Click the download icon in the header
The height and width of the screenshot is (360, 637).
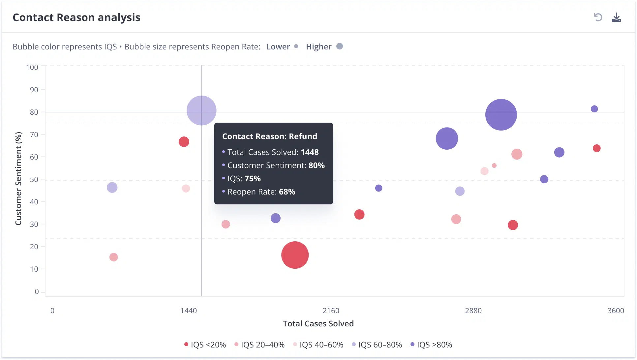point(616,17)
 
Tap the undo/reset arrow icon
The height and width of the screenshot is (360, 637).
point(598,17)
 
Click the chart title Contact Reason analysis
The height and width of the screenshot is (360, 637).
point(76,17)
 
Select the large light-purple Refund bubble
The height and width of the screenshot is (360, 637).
point(201,110)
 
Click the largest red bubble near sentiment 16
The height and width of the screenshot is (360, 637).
point(295,255)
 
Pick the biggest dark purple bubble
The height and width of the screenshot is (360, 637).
point(501,115)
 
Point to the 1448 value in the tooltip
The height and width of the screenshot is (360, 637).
point(310,152)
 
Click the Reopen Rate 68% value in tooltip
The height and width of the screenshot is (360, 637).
point(287,192)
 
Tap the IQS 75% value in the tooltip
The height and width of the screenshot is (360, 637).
point(253,179)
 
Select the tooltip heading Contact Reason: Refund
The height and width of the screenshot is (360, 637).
point(270,136)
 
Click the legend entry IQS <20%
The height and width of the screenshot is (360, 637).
point(205,345)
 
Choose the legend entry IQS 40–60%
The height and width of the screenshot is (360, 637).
point(318,345)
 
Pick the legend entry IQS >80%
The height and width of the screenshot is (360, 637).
point(431,345)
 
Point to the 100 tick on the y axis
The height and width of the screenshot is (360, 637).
point(32,68)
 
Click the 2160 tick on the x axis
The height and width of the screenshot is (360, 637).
point(331,311)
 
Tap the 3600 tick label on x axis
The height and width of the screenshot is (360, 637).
point(616,311)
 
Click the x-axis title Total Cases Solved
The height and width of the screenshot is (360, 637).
point(318,324)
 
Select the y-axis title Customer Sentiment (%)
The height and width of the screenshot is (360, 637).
point(18,179)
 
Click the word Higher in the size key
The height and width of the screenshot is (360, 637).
point(318,47)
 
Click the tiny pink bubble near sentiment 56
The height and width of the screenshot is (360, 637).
point(494,165)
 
